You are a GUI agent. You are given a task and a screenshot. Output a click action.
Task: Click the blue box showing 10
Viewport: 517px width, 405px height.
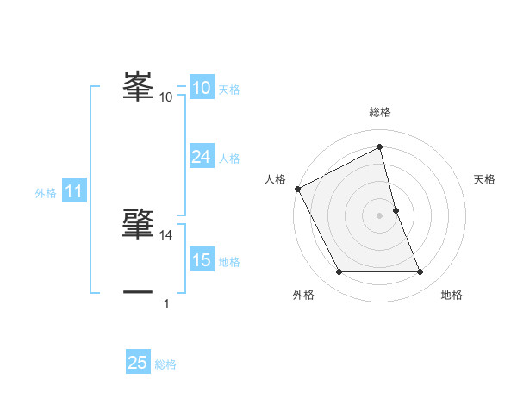point(201,88)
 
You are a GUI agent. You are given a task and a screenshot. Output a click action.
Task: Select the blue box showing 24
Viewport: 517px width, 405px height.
point(201,156)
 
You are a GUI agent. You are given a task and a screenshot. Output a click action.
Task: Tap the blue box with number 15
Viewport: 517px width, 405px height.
point(201,260)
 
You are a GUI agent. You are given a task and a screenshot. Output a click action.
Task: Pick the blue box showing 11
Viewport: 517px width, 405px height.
point(73,192)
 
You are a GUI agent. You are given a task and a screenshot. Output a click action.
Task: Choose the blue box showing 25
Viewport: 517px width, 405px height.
point(138,363)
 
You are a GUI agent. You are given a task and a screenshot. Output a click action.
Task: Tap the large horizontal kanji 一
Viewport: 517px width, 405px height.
point(139,291)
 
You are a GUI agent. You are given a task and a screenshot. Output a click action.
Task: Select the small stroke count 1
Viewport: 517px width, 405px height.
point(166,303)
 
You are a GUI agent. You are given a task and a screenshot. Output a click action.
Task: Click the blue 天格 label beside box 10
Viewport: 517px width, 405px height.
point(228,90)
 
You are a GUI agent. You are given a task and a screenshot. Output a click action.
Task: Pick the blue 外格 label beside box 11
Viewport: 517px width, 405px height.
point(46,193)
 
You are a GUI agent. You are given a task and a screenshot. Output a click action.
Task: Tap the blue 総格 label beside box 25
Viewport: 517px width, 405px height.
point(165,364)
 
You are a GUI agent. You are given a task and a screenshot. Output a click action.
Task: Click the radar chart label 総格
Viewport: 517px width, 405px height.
point(379,112)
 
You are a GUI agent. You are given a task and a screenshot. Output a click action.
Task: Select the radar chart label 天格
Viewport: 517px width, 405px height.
point(485,179)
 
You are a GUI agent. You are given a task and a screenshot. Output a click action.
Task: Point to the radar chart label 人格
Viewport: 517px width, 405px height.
point(275,179)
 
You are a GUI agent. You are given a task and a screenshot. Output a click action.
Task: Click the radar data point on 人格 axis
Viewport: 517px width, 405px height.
point(297,189)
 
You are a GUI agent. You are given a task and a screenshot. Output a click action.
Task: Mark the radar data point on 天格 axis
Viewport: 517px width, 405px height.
point(396,210)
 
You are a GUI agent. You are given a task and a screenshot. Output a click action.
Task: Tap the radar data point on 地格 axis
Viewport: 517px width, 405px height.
point(420,272)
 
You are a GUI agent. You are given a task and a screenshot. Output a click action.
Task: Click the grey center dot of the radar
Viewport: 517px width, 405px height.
point(379,215)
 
